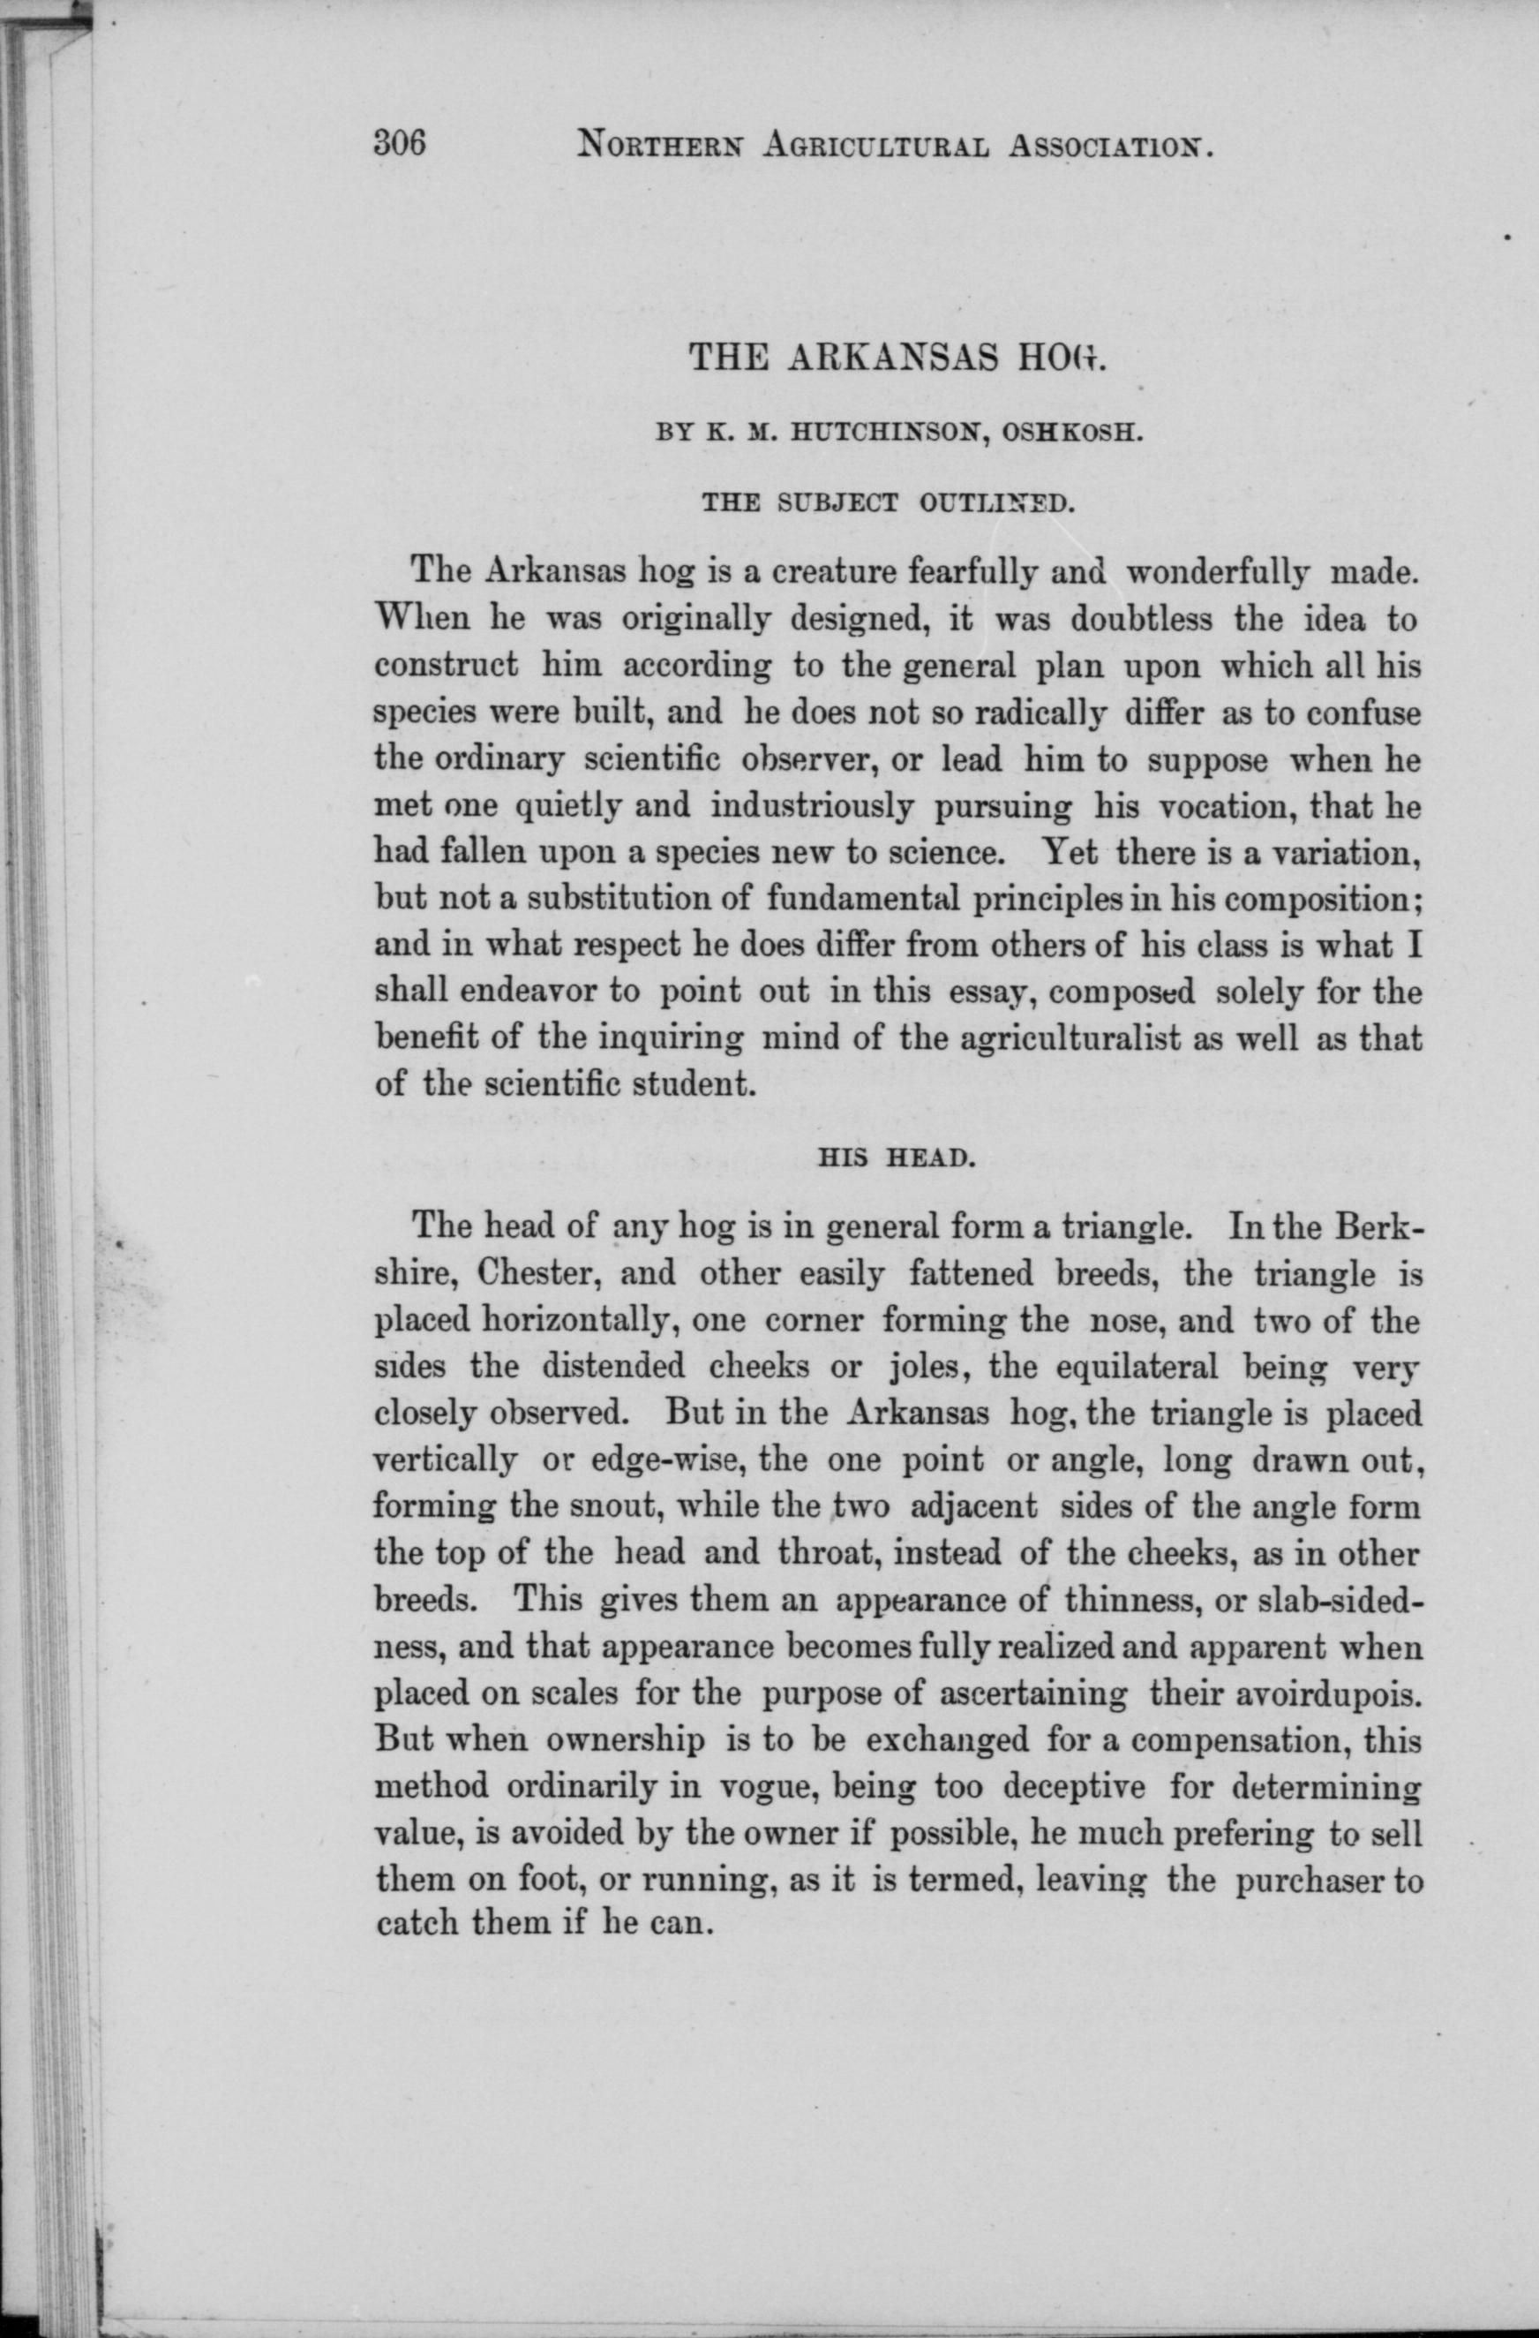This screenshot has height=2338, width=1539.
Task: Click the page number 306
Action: pos(400,145)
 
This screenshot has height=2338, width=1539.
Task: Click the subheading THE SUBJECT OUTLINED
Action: pos(885,505)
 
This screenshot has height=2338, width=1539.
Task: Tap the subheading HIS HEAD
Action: pos(896,1158)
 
